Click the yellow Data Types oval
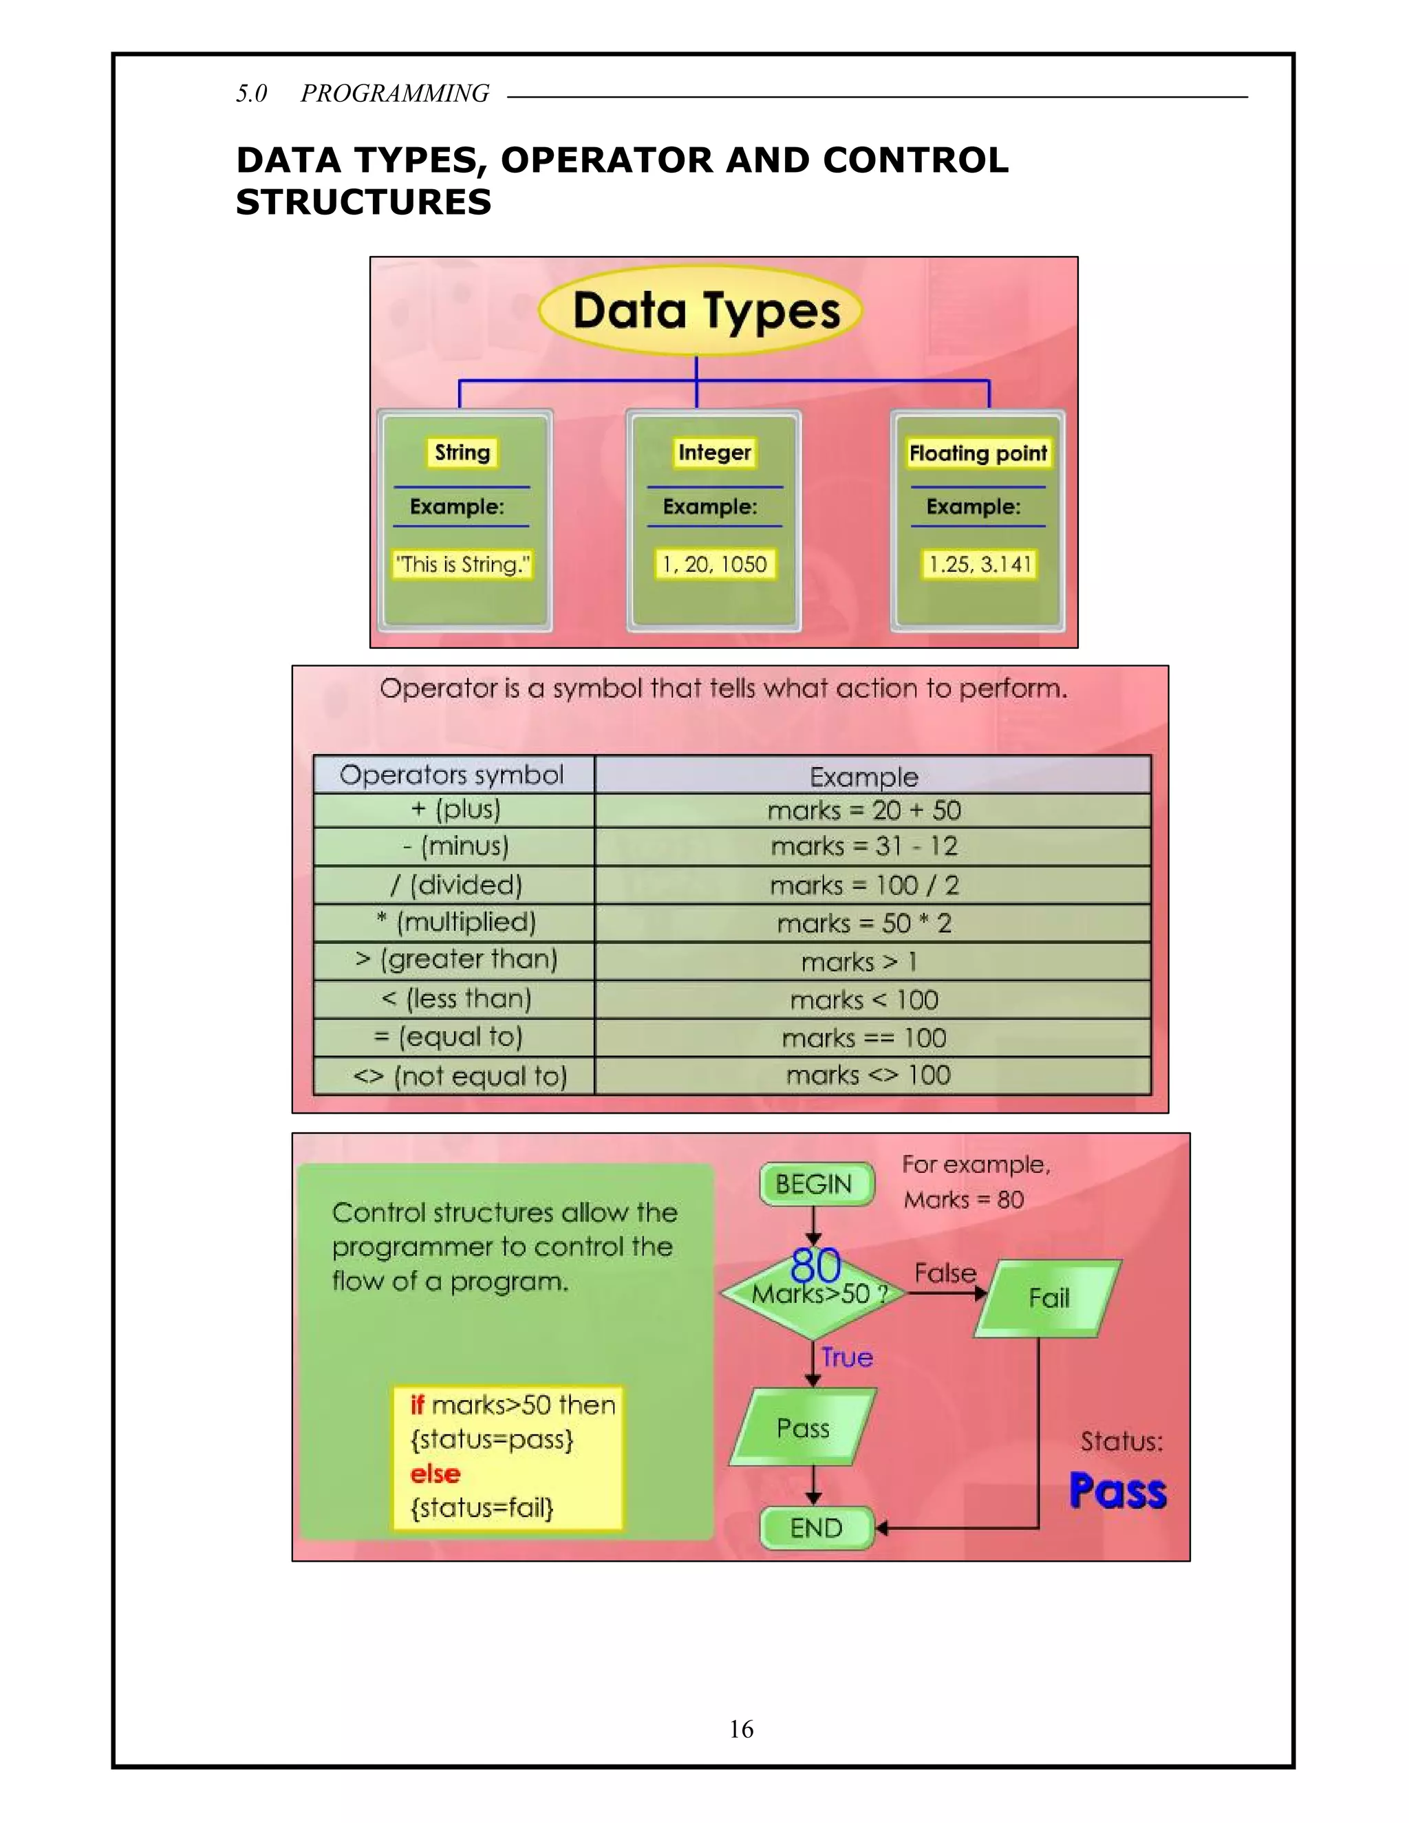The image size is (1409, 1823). pos(700,310)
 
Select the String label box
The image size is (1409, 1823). pos(462,453)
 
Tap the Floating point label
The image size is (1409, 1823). pos(978,453)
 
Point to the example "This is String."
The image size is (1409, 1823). pos(462,564)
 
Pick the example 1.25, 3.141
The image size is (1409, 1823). pos(980,564)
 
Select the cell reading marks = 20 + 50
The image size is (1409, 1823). pos(864,810)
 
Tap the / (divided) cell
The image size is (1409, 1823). pos(455,885)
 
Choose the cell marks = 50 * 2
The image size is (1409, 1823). pos(864,923)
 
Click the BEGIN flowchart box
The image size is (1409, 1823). pos(815,1185)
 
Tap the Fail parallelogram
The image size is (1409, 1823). pos(1048,1298)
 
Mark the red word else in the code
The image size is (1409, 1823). pos(435,1474)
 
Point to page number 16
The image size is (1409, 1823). pos(741,1729)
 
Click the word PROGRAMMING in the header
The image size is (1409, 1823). pos(395,94)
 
